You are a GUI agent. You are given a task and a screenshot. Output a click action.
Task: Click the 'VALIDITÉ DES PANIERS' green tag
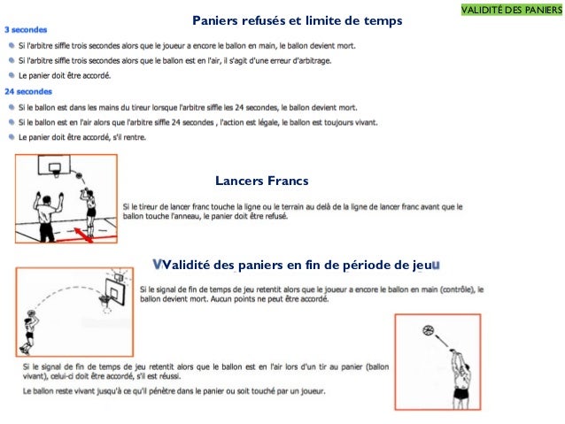click(x=512, y=9)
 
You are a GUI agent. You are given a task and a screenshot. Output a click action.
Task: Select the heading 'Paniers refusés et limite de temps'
click(x=298, y=19)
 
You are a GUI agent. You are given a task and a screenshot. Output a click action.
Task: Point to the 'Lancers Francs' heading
click(x=262, y=181)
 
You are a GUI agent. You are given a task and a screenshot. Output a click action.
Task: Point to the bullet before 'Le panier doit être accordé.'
click(x=11, y=76)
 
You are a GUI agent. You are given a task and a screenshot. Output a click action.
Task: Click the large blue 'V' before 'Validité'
click(x=158, y=264)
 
